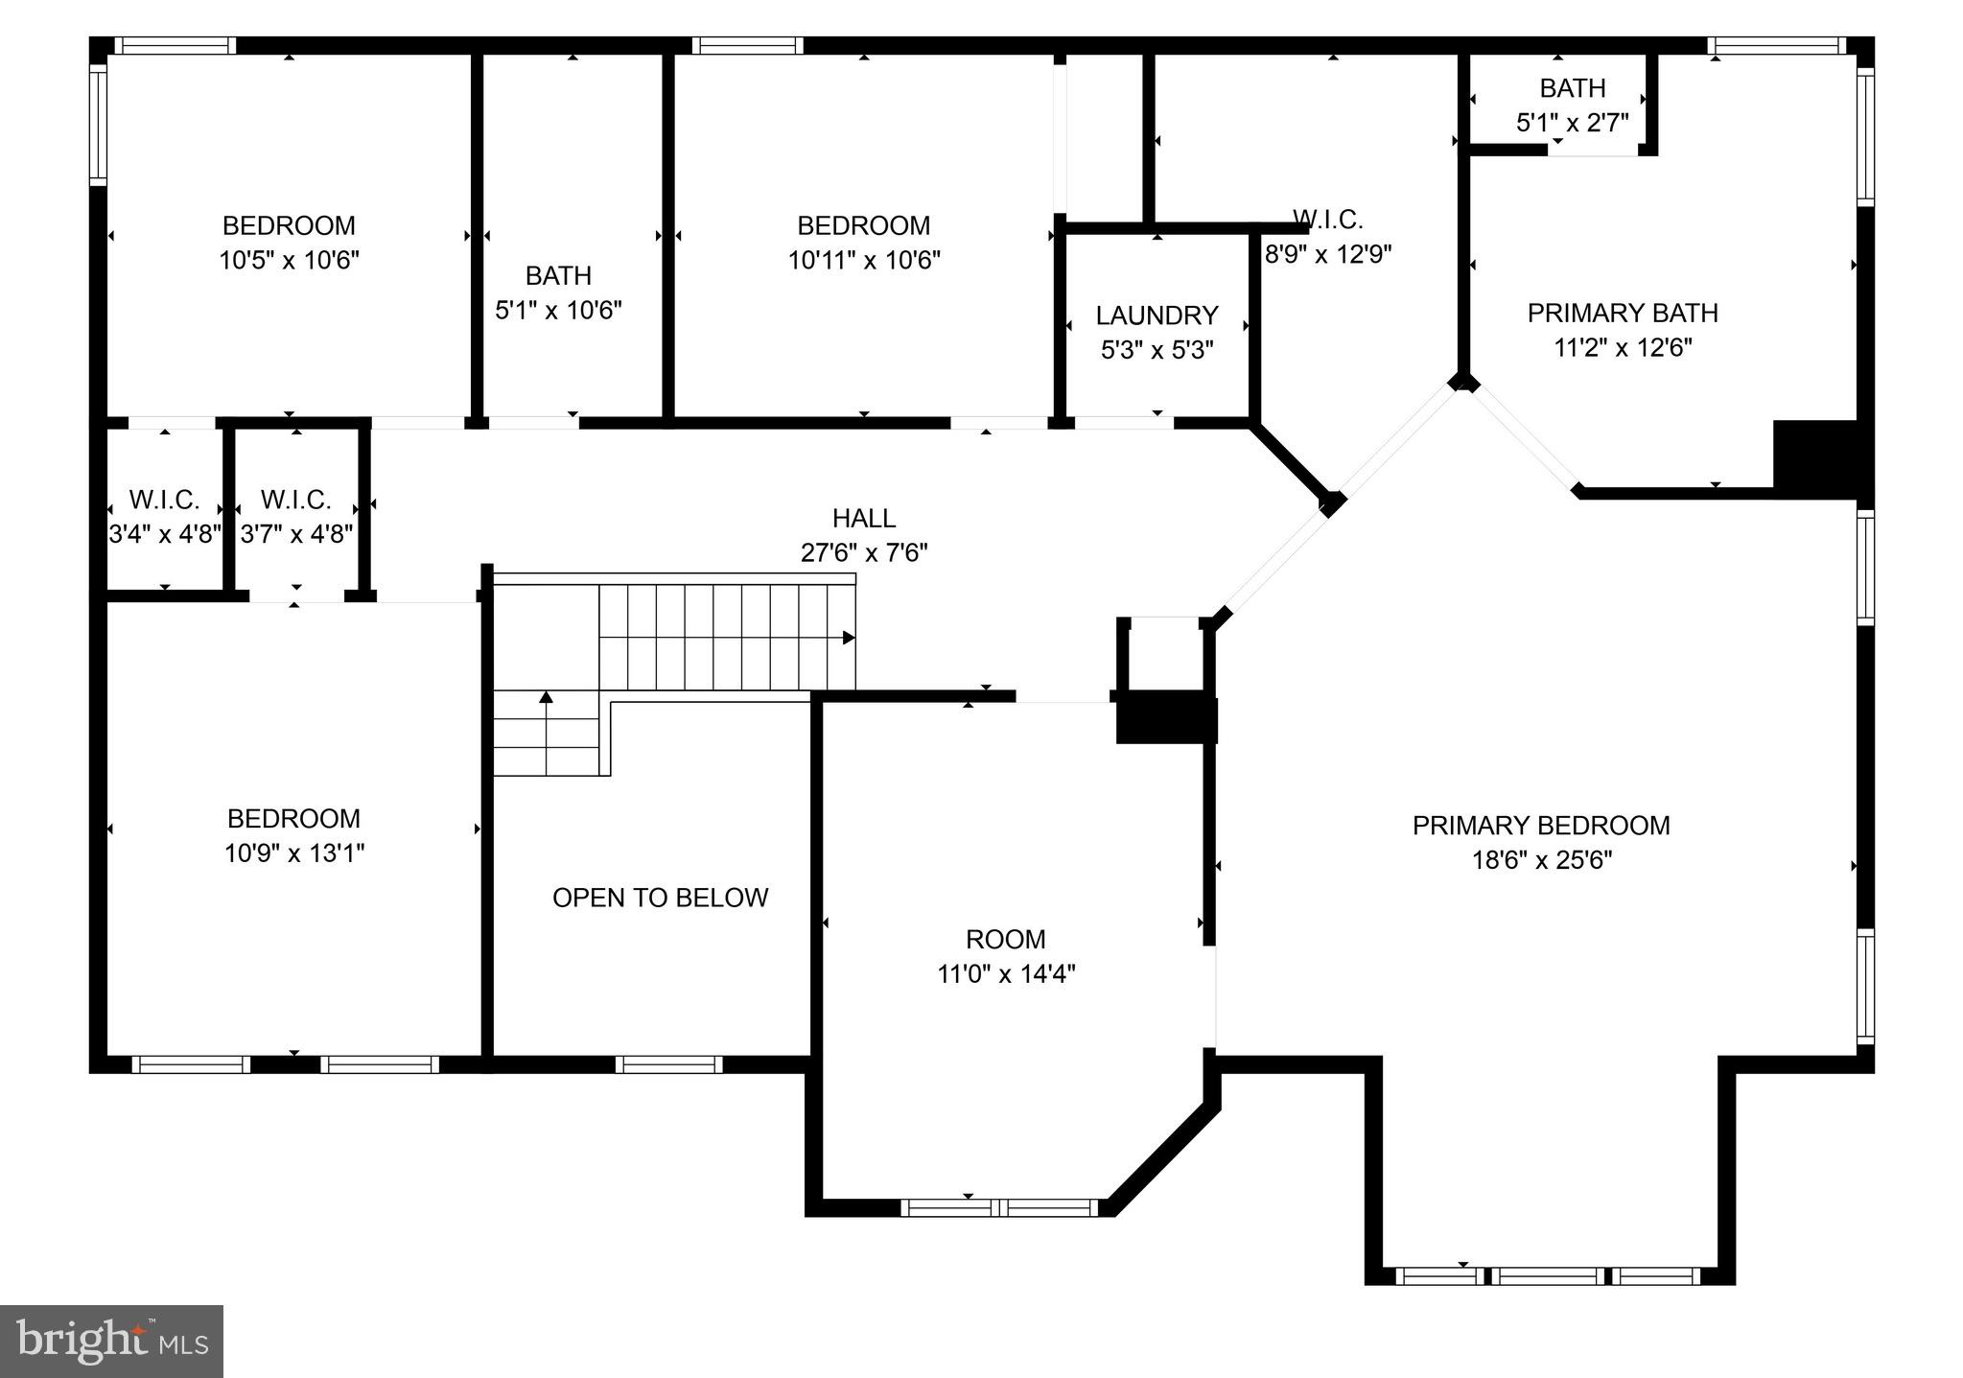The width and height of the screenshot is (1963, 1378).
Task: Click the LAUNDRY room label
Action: pyautogui.click(x=1157, y=315)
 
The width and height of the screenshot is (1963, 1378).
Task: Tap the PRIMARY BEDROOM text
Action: pyautogui.click(x=1541, y=826)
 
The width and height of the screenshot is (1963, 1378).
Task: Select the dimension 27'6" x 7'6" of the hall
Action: pyautogui.click(x=864, y=553)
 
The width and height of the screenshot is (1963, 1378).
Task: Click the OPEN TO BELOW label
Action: pyautogui.click(x=660, y=898)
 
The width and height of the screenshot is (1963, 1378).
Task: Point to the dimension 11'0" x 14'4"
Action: pyautogui.click(x=1006, y=974)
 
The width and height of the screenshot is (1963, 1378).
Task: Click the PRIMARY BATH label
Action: pyautogui.click(x=1623, y=314)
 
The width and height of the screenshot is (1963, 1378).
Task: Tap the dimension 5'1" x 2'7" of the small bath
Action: pyautogui.click(x=1572, y=123)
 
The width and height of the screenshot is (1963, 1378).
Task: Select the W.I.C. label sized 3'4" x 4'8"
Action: pyautogui.click(x=164, y=500)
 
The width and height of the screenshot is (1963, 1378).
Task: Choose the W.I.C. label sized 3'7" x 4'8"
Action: pyautogui.click(x=295, y=500)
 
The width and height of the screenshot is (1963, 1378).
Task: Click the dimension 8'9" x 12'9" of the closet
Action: pyautogui.click(x=1328, y=255)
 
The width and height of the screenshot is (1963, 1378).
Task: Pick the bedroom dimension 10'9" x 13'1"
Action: pyautogui.click(x=294, y=853)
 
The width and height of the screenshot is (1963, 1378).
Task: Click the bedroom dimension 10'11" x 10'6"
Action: pyautogui.click(x=864, y=260)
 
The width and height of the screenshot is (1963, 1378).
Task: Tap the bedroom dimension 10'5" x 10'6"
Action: pyautogui.click(x=289, y=260)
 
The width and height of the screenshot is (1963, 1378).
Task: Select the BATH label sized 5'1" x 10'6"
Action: pyautogui.click(x=558, y=276)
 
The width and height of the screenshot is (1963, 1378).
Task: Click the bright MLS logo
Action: pyautogui.click(x=111, y=1341)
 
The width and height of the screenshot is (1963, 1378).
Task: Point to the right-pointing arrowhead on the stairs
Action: pyautogui.click(x=849, y=638)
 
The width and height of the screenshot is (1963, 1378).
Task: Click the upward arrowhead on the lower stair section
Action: pyautogui.click(x=546, y=697)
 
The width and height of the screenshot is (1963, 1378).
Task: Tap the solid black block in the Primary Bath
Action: pyautogui.click(x=1817, y=458)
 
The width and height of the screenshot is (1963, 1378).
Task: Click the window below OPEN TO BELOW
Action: pyautogui.click(x=668, y=1064)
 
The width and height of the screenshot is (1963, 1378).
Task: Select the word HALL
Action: pyautogui.click(x=864, y=519)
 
